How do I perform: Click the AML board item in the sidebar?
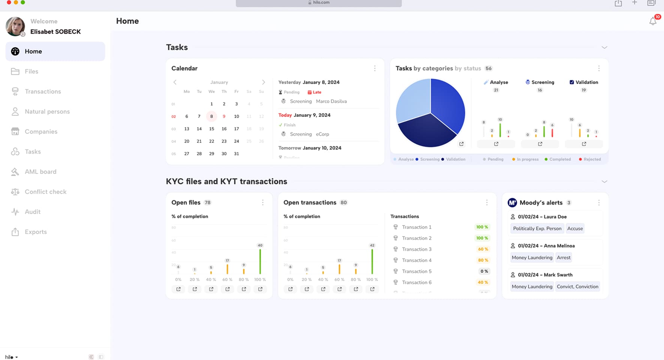click(40, 172)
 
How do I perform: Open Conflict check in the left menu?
click(45, 192)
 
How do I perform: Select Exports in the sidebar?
click(36, 232)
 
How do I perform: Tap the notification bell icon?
click(653, 21)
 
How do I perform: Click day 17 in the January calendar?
click(236, 129)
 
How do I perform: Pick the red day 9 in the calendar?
click(224, 116)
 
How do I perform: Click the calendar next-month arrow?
click(263, 82)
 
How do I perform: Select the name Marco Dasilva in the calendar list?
click(331, 101)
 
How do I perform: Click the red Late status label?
click(317, 92)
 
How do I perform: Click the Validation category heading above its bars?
click(586, 82)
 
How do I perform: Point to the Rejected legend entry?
click(592, 159)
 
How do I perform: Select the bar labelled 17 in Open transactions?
click(339, 269)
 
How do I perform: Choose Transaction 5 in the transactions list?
click(416, 271)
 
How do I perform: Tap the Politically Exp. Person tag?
click(537, 228)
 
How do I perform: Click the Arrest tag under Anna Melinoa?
click(563, 258)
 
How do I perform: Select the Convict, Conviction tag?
click(577, 286)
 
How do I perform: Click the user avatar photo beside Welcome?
click(15, 26)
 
